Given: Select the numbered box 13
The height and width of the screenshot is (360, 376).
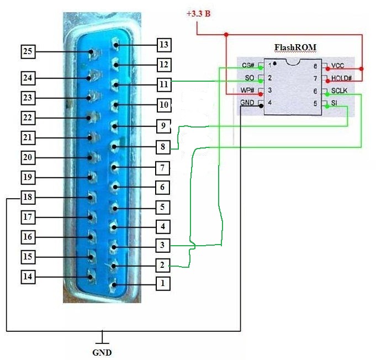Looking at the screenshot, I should tap(163, 45).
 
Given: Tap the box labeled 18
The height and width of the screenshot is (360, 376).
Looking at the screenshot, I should tap(28, 197).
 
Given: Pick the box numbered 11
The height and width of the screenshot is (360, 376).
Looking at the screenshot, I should tap(163, 84).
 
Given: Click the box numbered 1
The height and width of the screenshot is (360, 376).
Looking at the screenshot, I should tap(162, 284).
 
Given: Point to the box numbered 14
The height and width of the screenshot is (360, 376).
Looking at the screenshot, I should tap(28, 276).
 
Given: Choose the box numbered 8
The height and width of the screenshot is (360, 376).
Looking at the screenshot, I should tap(162, 148).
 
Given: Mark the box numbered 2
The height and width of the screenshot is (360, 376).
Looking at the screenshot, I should tap(162, 265).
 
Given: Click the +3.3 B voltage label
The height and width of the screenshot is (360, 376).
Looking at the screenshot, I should tap(198, 13).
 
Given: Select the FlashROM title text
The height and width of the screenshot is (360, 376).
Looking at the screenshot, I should tap(296, 47).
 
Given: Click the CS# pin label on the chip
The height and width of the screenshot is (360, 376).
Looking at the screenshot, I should tap(247, 66).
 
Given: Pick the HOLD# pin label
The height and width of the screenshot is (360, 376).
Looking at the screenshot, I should tap(342, 78).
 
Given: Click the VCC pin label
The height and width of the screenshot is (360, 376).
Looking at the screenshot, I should tap(338, 66).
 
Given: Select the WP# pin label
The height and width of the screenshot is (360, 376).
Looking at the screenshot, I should tap(247, 91).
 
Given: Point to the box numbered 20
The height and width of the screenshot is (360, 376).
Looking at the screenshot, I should tap(28, 157).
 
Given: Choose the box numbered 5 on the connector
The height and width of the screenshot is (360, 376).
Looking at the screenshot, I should tap(162, 208).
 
